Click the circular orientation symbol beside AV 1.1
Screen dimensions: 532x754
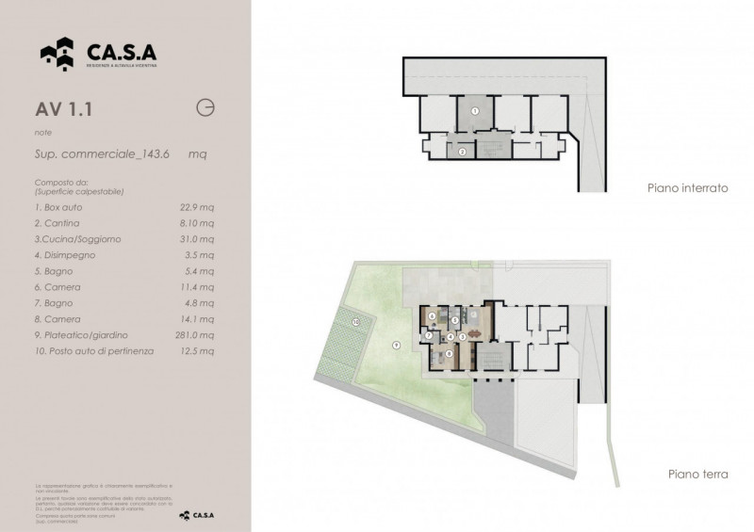204,107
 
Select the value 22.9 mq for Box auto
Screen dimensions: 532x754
196,206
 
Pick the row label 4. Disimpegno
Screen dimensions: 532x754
64,254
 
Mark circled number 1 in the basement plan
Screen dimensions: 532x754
475,111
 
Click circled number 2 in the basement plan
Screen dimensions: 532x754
462,151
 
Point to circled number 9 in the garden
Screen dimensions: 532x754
396,346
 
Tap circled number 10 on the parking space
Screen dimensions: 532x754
355,322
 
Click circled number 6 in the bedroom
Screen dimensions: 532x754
433,315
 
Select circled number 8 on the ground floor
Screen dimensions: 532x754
450,352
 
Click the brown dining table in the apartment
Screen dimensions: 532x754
473,333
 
